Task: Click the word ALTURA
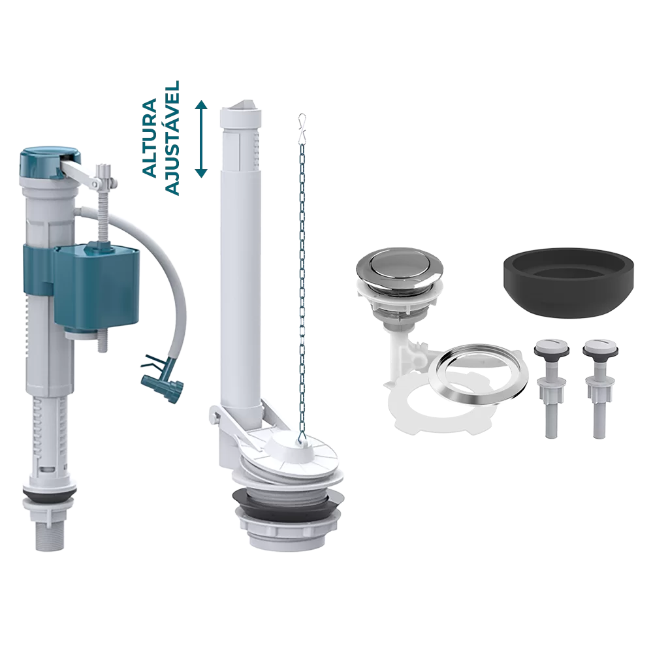click(x=150, y=138)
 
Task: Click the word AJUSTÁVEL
click(x=172, y=138)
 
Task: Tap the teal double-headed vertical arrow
click(x=202, y=139)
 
